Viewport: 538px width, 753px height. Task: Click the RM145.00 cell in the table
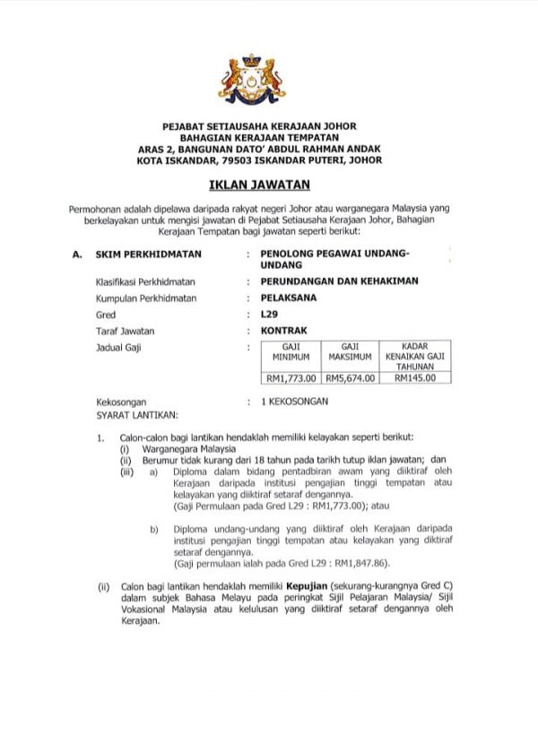coord(415,377)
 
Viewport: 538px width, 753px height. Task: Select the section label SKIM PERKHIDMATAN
coord(148,254)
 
